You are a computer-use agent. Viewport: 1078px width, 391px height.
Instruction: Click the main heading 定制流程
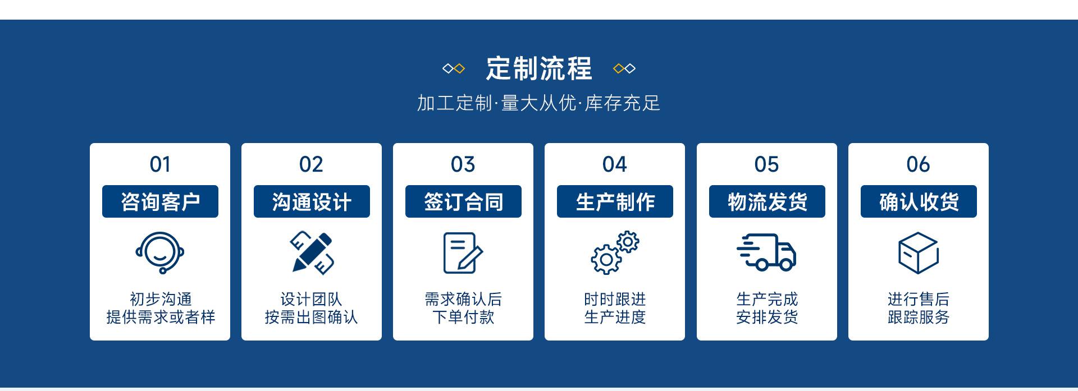pos(538,68)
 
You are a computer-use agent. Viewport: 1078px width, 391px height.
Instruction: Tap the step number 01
pos(160,164)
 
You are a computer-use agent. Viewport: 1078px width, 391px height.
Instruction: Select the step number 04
pos(614,164)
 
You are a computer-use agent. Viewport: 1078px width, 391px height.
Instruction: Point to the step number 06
pos(918,164)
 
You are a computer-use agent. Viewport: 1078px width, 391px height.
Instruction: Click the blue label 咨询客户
pos(160,201)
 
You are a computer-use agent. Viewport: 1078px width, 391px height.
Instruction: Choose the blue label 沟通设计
pos(312,201)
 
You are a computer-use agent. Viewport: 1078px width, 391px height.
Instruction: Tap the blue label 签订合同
pos(463,201)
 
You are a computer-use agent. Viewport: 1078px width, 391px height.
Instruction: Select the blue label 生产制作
pos(615,201)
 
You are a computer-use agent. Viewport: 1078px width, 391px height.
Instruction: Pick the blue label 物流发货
pos(767,201)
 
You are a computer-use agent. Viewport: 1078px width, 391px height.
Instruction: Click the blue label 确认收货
pos(919,201)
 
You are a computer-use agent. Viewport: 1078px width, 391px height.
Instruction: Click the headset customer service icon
pos(160,252)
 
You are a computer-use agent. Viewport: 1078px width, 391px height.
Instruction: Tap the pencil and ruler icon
pos(312,252)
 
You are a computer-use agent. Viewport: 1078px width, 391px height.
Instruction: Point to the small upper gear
pos(628,242)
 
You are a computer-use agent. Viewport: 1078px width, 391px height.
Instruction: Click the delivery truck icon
pos(766,252)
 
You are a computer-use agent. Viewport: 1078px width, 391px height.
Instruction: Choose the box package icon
pos(918,252)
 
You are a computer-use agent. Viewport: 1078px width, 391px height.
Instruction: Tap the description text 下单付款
pos(463,318)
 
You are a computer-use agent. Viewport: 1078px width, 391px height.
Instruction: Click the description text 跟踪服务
pos(919,318)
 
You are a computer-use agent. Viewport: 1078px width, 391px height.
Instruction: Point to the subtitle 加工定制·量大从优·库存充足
pos(538,103)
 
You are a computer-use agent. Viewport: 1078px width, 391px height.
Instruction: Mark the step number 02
pos(311,164)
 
